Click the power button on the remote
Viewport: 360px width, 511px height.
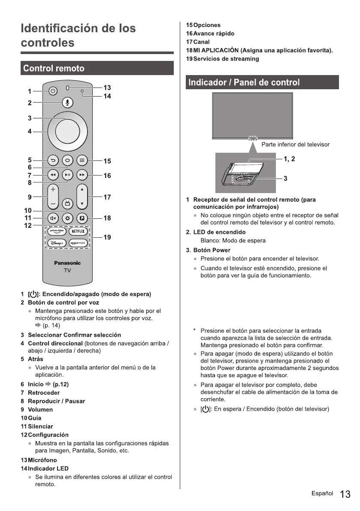click(52, 91)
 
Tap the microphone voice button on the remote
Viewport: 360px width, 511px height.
click(67, 103)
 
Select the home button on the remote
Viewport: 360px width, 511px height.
click(67, 161)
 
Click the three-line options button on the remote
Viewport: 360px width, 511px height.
click(82, 161)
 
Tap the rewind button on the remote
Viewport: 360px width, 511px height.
click(53, 175)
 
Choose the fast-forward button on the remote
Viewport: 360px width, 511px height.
click(82, 175)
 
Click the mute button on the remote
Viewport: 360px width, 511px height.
click(53, 218)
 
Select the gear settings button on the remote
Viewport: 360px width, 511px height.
click(67, 218)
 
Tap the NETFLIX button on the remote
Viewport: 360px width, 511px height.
click(78, 232)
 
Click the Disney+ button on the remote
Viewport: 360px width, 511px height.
click(57, 243)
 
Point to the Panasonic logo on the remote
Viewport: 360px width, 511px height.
click(67, 263)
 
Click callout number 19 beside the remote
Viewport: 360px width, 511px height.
click(107, 237)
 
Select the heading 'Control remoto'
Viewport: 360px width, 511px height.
click(54, 69)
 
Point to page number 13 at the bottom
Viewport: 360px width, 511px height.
click(345, 494)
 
